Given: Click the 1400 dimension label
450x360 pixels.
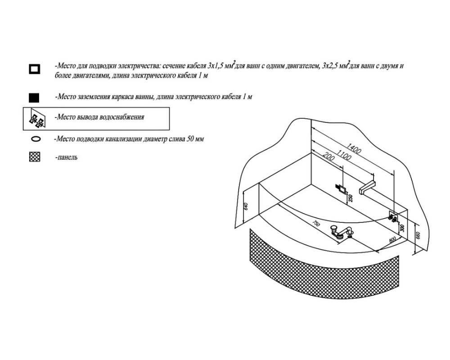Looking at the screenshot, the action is point(353,148).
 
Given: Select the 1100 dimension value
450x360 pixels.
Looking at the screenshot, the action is point(344,155).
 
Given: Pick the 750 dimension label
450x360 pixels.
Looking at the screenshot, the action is point(316,223).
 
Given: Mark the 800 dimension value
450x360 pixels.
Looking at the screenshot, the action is point(392,240).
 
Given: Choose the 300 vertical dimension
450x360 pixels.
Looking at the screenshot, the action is point(402,228).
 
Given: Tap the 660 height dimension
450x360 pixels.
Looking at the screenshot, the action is point(418,235).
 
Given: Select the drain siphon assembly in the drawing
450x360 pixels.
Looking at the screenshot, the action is point(342,232).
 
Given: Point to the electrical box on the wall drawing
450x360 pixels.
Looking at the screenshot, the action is point(340,189).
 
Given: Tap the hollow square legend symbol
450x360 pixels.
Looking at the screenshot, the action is point(35,69).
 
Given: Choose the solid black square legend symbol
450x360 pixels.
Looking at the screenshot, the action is point(34,98).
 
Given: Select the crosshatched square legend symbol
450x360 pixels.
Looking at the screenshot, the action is point(35,157).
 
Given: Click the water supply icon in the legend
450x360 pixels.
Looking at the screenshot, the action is point(38,118).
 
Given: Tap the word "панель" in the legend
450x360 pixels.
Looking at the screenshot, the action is point(67,157).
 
